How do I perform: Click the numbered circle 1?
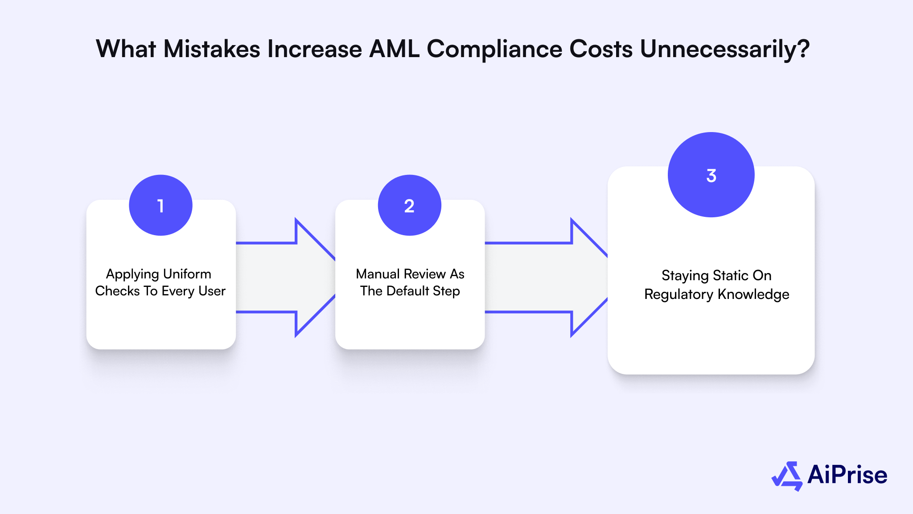point(160,205)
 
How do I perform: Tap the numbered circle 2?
point(409,205)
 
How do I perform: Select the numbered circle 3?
point(711,175)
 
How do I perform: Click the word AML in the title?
point(394,49)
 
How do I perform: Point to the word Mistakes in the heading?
point(212,49)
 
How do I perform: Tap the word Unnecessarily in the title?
point(724,49)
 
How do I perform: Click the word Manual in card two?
point(378,274)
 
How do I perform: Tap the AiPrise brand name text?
point(847,475)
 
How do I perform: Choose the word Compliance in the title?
point(494,49)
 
